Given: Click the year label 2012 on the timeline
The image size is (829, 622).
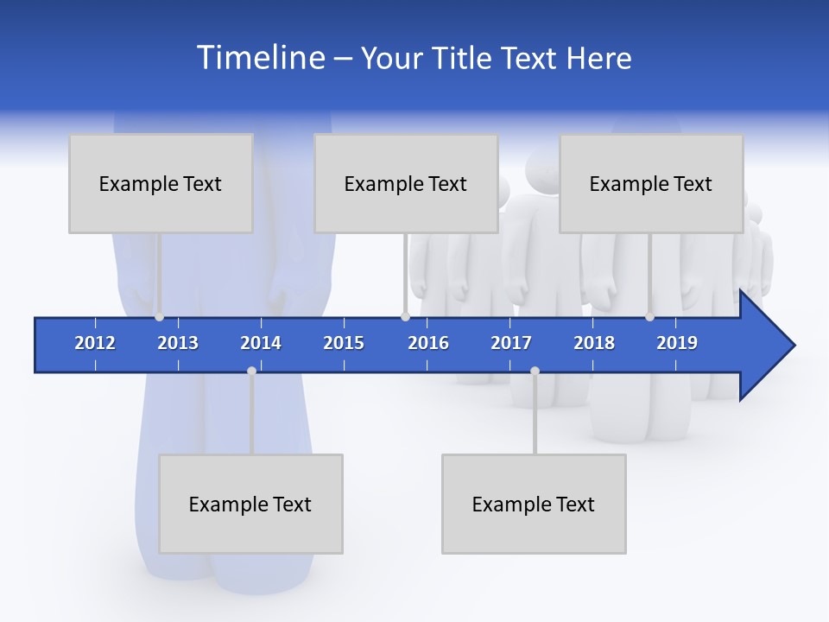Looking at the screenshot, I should (95, 343).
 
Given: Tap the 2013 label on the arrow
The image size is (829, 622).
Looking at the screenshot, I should (178, 343).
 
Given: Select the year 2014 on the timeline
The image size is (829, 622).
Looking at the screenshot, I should (261, 343).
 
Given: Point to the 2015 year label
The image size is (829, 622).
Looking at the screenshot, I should (344, 343).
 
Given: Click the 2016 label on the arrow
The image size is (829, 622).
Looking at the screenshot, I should (428, 343).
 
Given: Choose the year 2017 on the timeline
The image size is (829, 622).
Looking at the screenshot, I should (511, 343).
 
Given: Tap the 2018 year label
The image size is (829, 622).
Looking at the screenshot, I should (594, 343).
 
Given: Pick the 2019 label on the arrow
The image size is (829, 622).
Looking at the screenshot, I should (677, 343).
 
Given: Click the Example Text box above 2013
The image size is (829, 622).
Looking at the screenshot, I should (161, 183).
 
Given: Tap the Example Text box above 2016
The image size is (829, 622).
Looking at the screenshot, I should (406, 183).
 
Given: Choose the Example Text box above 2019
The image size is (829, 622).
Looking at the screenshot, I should (651, 183).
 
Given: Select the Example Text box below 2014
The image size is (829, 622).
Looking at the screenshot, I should (250, 504).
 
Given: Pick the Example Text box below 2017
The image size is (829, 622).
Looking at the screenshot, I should (534, 504).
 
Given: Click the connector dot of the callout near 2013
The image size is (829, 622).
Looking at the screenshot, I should (160, 316).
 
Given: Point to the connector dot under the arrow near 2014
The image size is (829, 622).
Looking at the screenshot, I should (251, 371).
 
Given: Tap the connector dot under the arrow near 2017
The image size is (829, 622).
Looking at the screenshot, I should (535, 371).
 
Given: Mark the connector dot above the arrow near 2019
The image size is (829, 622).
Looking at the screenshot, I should (649, 316).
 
